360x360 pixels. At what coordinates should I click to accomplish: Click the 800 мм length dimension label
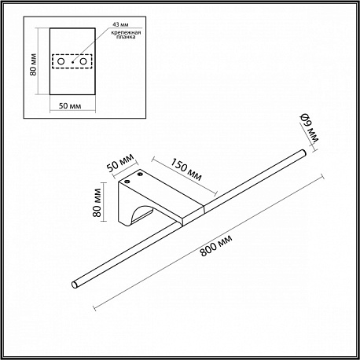pos(216,245)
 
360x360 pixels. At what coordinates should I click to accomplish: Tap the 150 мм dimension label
pos(186,170)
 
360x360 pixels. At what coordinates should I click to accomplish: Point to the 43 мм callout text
pos(120,24)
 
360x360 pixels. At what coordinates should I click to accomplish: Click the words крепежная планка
pos(126,35)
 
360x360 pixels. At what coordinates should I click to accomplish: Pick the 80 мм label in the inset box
pos(34,64)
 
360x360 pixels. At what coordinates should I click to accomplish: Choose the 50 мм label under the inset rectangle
pos(70,106)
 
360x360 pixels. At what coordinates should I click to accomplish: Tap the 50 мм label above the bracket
pos(120,163)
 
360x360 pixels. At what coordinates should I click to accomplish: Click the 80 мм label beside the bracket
pos(97,203)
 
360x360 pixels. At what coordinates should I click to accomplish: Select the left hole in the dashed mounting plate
pos(61,61)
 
